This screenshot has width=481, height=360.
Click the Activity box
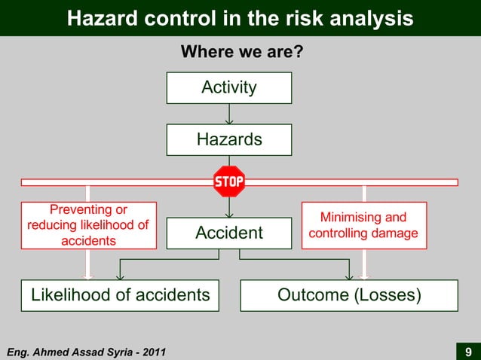pos(229,88)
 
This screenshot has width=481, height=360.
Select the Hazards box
pos(229,139)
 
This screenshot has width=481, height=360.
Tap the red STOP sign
pos(229,182)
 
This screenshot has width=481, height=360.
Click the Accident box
pos(229,233)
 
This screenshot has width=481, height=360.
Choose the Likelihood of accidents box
pos(121,295)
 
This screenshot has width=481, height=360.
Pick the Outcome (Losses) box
pos(349,295)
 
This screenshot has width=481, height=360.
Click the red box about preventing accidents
pos(88,225)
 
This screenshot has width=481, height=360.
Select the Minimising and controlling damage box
pos(364,225)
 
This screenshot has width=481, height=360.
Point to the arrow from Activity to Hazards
pos(229,114)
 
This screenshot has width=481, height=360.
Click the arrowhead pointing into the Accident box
pos(229,212)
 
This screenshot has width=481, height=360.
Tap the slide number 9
pos(468,352)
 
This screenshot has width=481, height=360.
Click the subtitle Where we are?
pos(240,53)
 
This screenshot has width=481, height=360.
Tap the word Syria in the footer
pos(119,352)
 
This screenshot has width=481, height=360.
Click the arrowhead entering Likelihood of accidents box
pos(120,275)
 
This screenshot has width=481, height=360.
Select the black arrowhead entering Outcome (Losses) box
pos(349,275)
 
